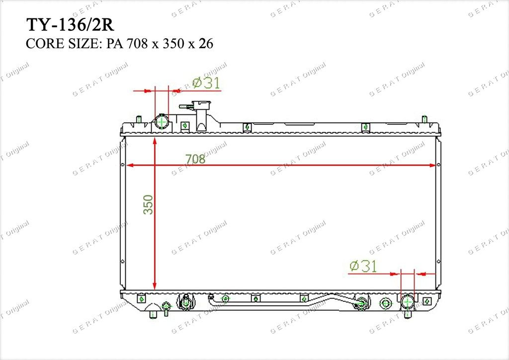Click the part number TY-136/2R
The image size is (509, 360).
pos(70,25)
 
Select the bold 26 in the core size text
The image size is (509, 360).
pos(206,43)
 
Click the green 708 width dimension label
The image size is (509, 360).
pos(195,159)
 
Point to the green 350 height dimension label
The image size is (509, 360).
pos(148,204)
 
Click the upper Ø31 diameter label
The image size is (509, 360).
pos(206,83)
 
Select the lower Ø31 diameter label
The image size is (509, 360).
pos(363,266)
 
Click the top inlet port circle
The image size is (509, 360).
pos(162,122)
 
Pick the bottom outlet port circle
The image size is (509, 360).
pos(408,302)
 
